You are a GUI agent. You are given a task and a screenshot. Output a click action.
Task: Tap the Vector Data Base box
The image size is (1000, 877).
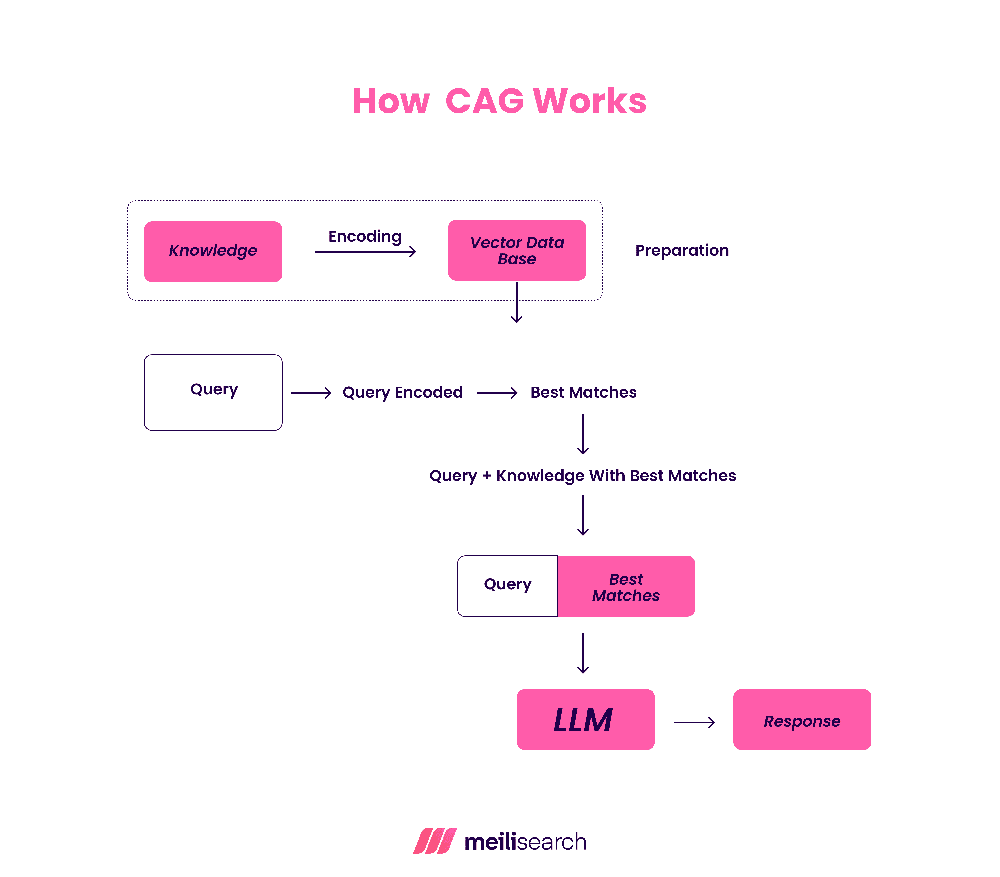pyautogui.click(x=517, y=250)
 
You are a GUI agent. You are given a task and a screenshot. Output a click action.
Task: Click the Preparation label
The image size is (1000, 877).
pyautogui.click(x=681, y=251)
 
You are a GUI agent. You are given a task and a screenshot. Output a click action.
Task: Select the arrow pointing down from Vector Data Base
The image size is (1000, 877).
pyautogui.click(x=517, y=303)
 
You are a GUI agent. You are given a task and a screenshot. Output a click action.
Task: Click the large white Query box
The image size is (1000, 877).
pyautogui.click(x=213, y=392)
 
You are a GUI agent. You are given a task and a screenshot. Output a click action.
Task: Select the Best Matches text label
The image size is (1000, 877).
pyautogui.click(x=583, y=393)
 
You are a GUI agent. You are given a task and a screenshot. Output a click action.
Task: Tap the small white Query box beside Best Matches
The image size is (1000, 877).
pyautogui.click(x=507, y=586)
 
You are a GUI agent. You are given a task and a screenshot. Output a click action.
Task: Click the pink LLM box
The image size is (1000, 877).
pyautogui.click(x=585, y=719)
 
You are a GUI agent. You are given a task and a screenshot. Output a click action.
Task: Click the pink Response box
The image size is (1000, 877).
pyautogui.click(x=802, y=719)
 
